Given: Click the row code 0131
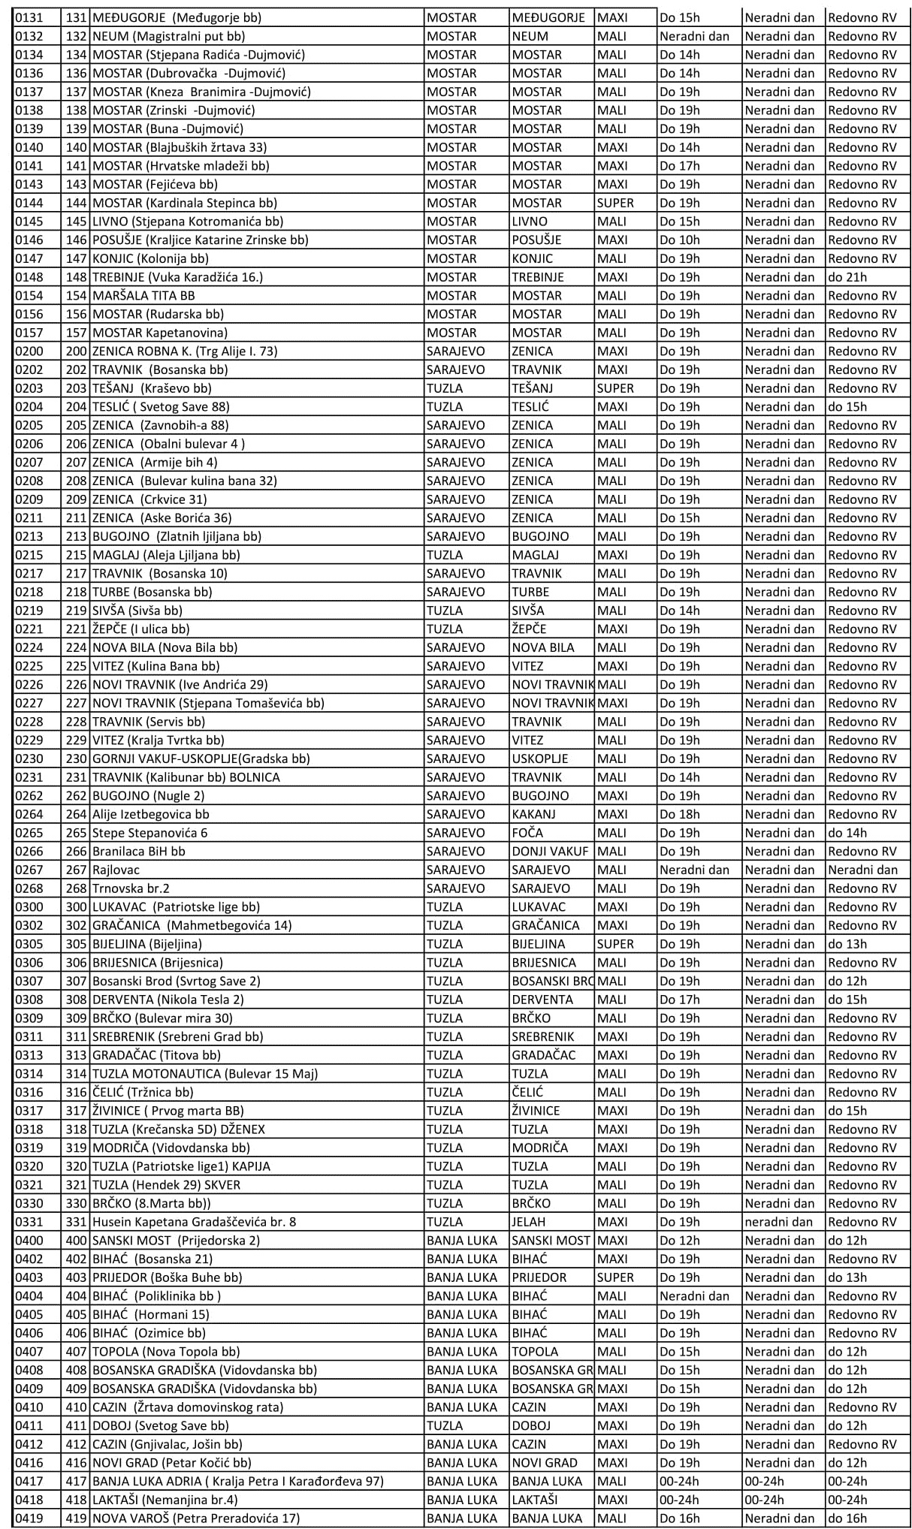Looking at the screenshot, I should pyautogui.click(x=29, y=17).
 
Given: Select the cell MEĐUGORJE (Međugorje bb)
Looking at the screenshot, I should pyautogui.click(x=177, y=17).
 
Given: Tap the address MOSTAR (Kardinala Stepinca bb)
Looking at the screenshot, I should pyautogui.click(x=184, y=203).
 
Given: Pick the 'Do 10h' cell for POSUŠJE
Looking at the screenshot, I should pyautogui.click(x=680, y=240).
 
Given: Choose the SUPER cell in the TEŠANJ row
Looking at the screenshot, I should pyautogui.click(x=615, y=388).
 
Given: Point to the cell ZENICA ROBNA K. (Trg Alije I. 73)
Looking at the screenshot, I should pyautogui.click(x=185, y=351).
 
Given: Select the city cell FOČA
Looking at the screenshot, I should pyautogui.click(x=527, y=833).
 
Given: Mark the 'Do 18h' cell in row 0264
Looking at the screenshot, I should pyautogui.click(x=680, y=814).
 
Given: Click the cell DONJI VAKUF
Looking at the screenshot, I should pyautogui.click(x=550, y=852).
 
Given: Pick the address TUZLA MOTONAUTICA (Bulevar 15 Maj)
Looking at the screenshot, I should pyautogui.click(x=205, y=1074).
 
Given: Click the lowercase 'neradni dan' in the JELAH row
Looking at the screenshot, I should pyautogui.click(x=779, y=1222).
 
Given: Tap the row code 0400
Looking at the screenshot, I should pyautogui.click(x=29, y=1241).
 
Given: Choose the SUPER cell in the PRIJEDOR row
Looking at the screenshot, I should pyautogui.click(x=615, y=1277).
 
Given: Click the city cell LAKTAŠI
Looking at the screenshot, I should pyautogui.click(x=535, y=1500).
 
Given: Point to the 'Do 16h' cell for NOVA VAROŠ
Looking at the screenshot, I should pyautogui.click(x=680, y=1518).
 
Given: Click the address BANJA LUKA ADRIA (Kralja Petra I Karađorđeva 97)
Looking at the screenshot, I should pyautogui.click(x=237, y=1481).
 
